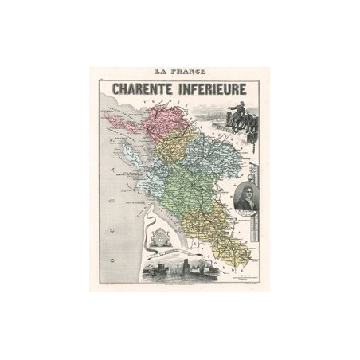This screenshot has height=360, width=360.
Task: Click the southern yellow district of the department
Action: pyautogui.click(x=219, y=231)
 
